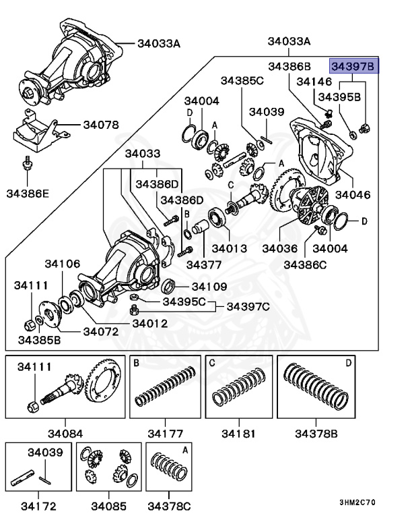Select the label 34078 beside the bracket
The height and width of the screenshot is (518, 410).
pyautogui.click(x=101, y=125)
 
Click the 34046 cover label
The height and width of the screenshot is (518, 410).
pyautogui.click(x=353, y=195)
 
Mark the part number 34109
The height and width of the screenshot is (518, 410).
pyautogui.click(x=209, y=286)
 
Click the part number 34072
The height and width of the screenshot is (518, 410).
pyautogui.click(x=101, y=332)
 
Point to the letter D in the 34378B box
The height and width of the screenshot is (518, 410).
pyautogui.click(x=348, y=364)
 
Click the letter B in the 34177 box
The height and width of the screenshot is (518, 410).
pyautogui.click(x=137, y=364)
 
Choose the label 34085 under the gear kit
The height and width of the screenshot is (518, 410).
pyautogui.click(x=108, y=505)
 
